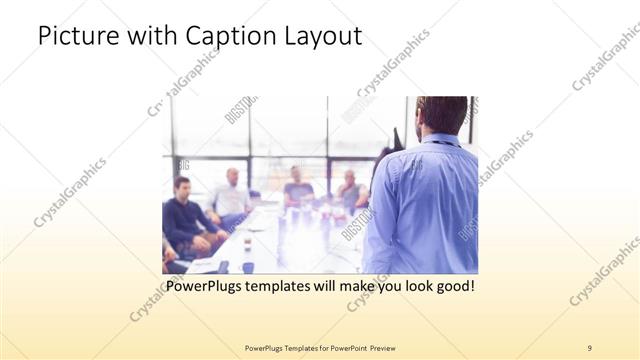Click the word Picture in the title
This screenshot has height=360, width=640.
tap(77, 36)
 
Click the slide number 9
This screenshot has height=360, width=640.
tap(590, 348)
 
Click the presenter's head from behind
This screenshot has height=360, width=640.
tap(441, 114)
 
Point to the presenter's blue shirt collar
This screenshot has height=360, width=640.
tap(441, 139)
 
